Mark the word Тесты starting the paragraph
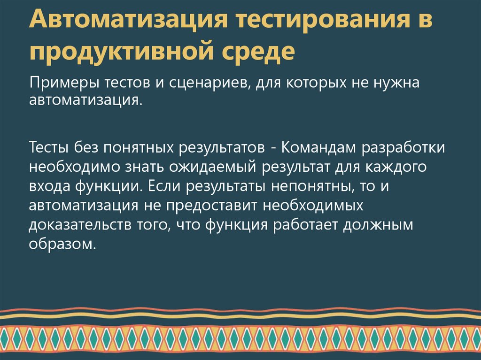48,147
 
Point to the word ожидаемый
208,167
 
